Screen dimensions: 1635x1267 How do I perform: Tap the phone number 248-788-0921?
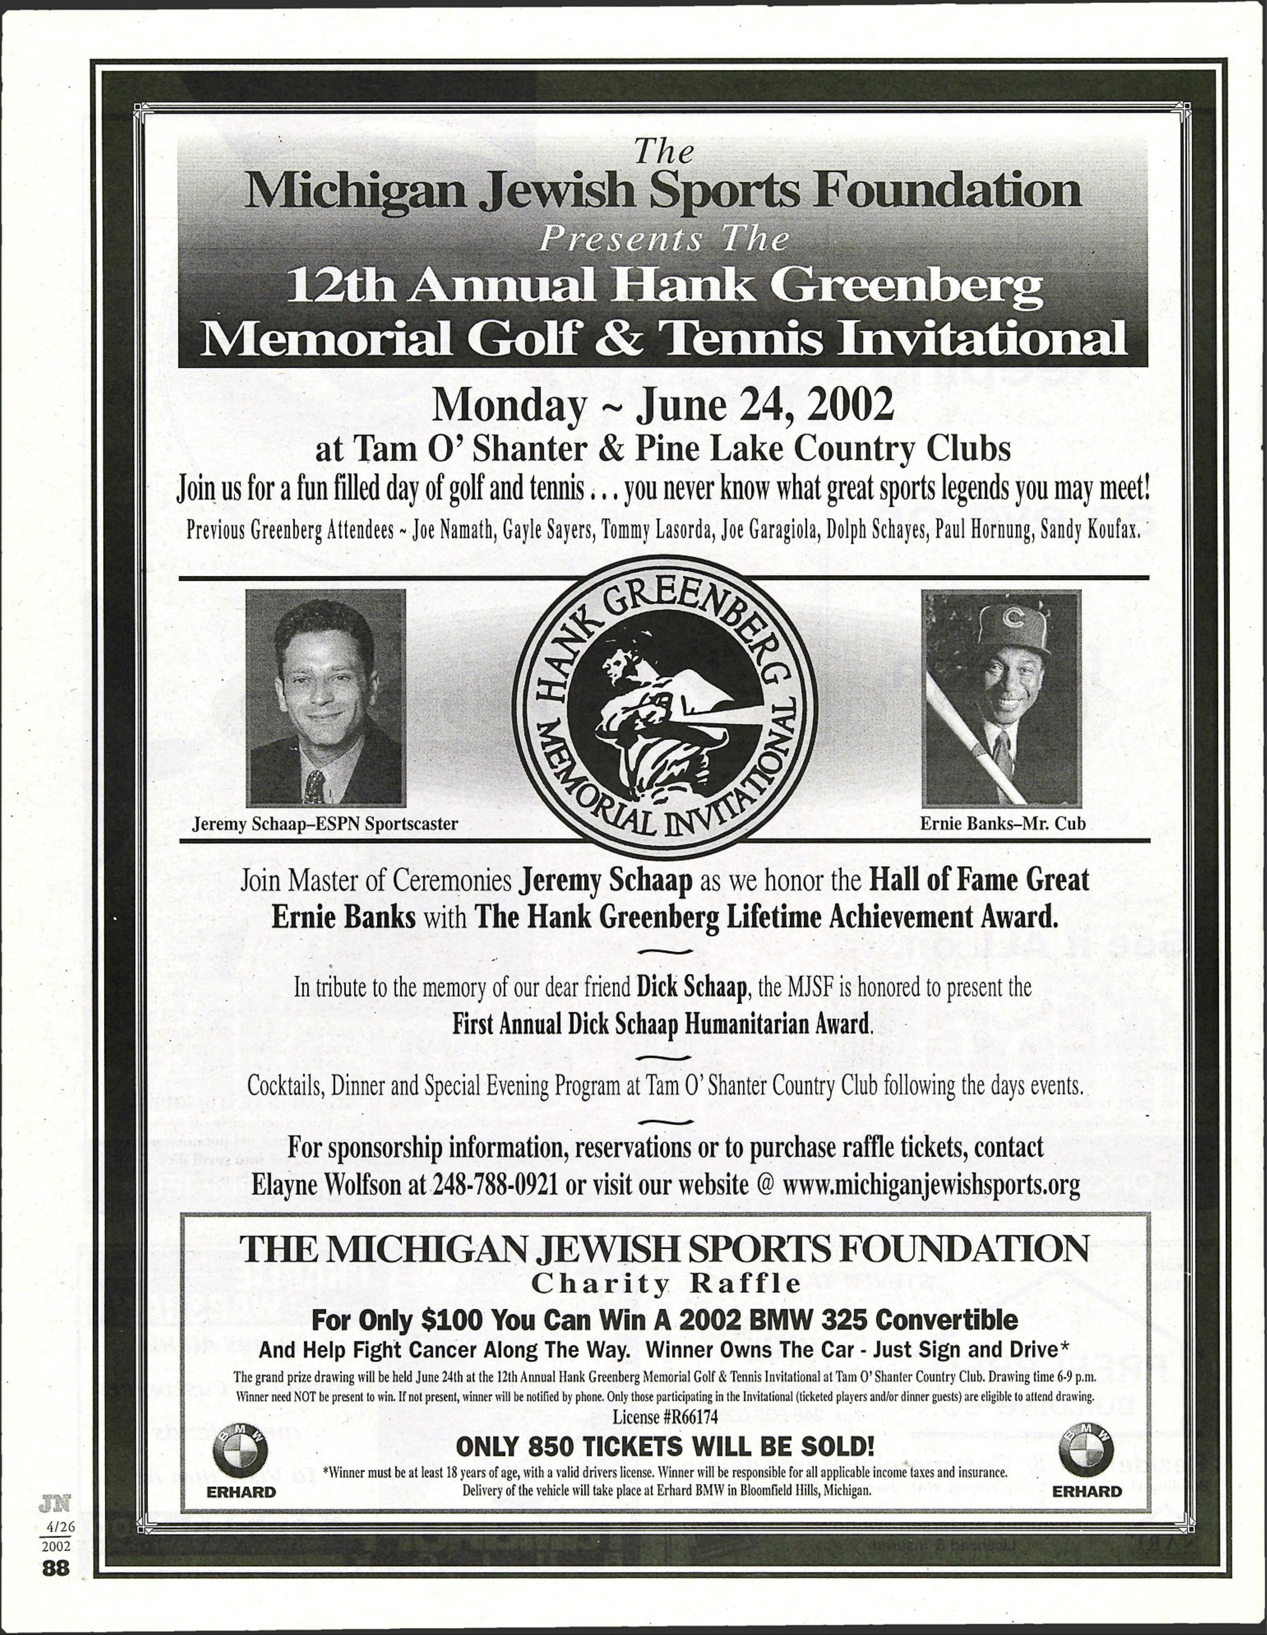coord(494,1185)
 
